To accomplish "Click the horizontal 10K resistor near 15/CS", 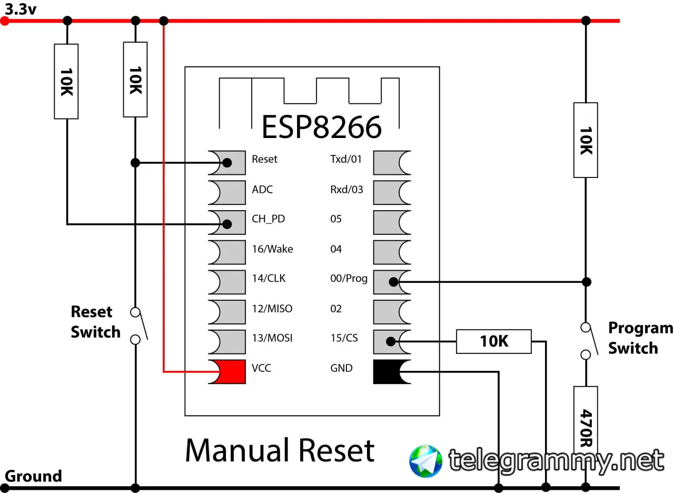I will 493,341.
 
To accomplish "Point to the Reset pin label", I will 264,159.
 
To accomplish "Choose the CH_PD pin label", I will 268,219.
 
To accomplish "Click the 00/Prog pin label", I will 349,279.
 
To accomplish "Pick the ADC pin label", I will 262,189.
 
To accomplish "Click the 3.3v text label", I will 21,8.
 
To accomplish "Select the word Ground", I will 33,476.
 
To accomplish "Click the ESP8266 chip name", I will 321,127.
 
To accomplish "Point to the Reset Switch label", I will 95,322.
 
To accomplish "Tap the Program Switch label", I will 640,338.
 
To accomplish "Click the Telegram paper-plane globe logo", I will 425,461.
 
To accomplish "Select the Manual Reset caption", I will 280,450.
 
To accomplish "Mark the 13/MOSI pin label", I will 272,338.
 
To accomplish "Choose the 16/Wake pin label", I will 272,249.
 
